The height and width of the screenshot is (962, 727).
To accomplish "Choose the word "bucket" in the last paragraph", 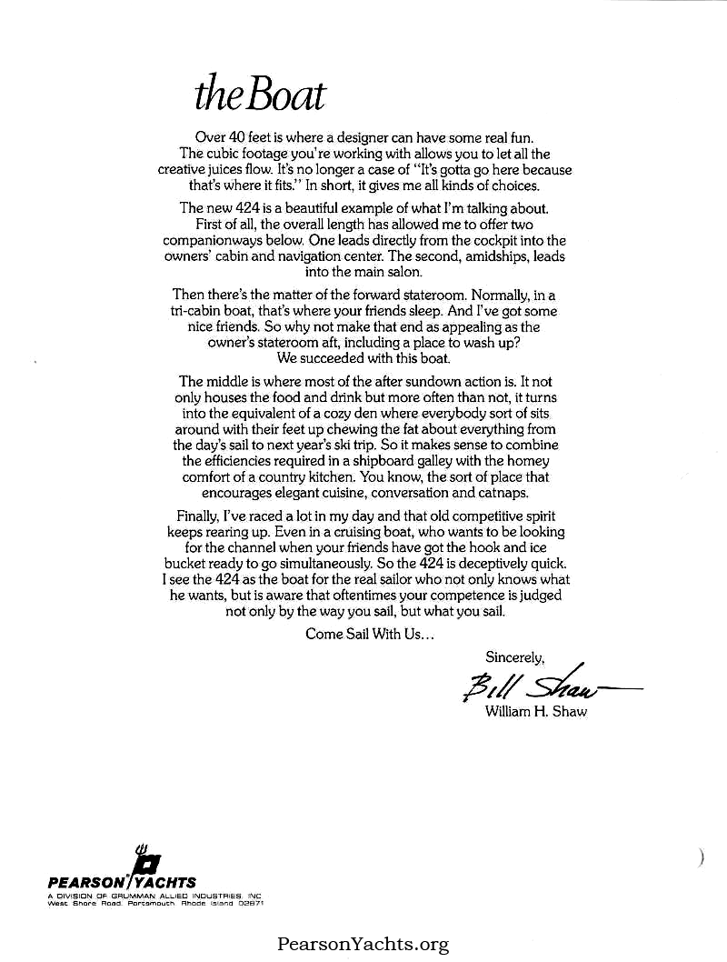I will [x=194, y=563].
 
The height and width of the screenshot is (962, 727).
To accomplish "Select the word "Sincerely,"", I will [x=515, y=656].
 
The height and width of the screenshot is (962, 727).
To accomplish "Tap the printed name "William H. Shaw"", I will [x=537, y=712].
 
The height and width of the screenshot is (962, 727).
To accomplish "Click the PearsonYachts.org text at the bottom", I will [x=363, y=945].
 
